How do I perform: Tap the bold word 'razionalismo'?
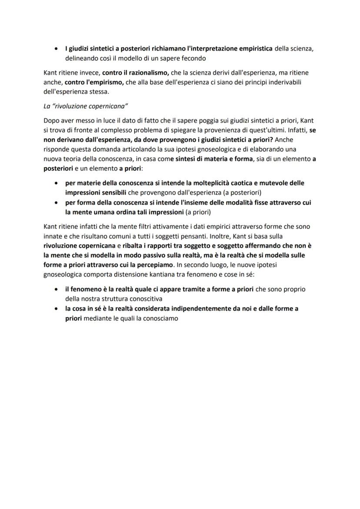(x=143, y=73)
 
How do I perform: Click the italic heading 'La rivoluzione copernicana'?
(x=85, y=106)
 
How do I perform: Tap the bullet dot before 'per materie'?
(x=56, y=183)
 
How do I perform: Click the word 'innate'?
(x=53, y=236)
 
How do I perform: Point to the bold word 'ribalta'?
(x=134, y=246)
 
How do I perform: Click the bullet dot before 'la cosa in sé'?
(x=56, y=309)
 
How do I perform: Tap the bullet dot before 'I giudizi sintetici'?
(x=56, y=49)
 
